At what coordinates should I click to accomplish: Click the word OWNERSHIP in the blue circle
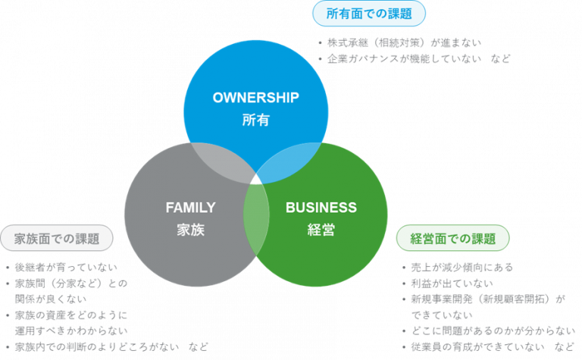coord(256,98)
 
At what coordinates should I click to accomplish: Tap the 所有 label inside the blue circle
coord(256,120)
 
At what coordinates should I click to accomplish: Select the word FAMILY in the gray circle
coord(191,208)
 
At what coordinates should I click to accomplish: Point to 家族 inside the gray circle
coord(191,230)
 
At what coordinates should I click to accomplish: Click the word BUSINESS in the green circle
coord(321,208)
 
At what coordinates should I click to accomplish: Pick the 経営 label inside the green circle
coord(321,230)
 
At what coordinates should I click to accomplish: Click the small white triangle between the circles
coord(256,179)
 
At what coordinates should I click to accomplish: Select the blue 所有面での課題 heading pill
coord(370,13)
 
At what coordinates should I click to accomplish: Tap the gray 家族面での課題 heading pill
coord(58,238)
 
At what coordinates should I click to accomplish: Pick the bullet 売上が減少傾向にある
coord(462,268)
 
